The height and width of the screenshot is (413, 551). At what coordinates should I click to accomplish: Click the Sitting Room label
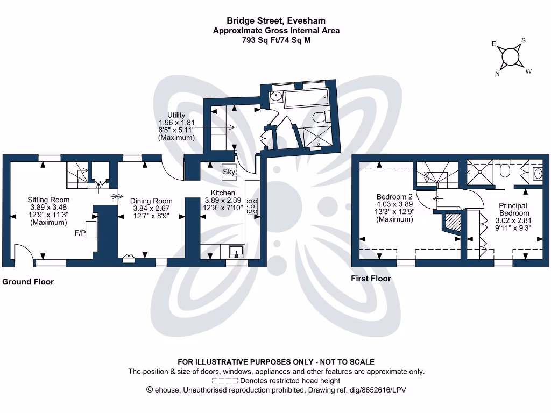point(48,200)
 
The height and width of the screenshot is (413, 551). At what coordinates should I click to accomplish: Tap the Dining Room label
point(151,201)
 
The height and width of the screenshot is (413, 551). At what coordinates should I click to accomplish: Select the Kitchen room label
point(222,193)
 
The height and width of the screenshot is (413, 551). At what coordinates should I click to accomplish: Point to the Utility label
point(176,115)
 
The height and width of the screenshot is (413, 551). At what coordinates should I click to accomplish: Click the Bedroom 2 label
point(394,197)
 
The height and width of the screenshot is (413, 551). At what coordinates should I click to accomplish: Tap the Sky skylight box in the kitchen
point(229,172)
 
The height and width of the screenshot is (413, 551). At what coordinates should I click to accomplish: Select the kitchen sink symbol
point(236,251)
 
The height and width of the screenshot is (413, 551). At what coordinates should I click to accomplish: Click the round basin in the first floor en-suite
point(537,173)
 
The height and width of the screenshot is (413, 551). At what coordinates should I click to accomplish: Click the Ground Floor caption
point(28,282)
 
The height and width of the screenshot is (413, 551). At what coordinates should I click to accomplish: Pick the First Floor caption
point(371,279)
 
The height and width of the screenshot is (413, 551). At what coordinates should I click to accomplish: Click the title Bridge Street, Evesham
point(275,21)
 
